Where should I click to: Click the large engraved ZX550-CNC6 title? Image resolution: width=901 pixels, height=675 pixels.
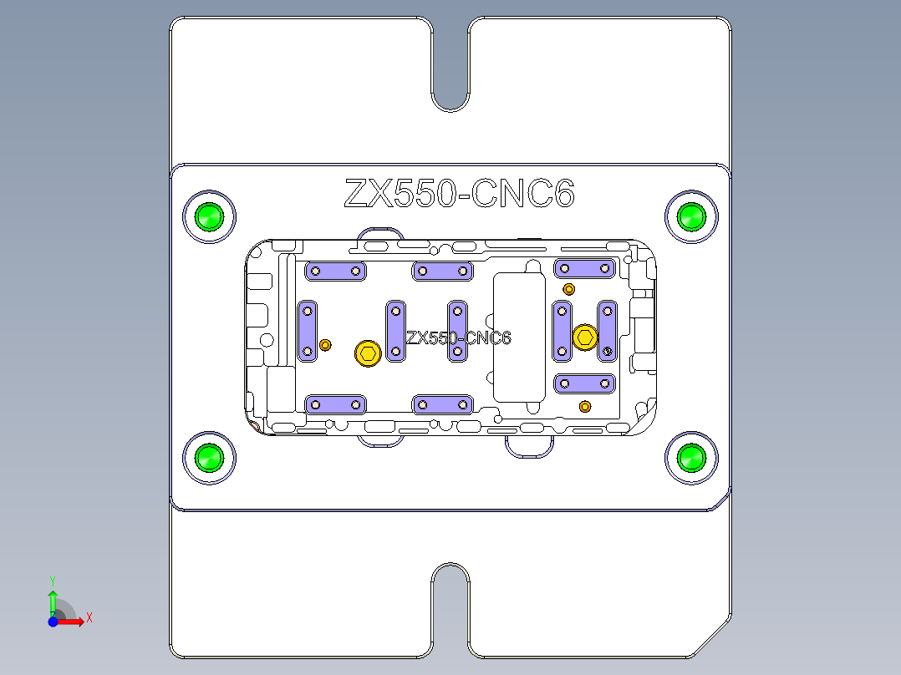(459, 194)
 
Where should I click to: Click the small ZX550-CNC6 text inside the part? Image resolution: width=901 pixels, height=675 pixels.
(458, 337)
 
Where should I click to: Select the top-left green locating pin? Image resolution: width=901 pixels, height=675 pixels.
(209, 217)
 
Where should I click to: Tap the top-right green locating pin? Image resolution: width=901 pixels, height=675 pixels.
(691, 217)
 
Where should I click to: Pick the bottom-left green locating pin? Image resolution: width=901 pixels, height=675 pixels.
(209, 458)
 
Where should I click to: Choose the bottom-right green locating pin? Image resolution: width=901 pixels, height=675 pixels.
(691, 458)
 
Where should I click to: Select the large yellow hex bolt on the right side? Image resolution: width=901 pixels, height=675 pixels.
(585, 337)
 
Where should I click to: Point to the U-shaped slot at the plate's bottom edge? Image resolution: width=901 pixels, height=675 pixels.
(450, 606)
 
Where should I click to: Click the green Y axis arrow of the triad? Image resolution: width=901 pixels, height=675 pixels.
(53, 599)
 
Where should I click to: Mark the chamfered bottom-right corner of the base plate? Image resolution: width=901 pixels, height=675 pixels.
(711, 638)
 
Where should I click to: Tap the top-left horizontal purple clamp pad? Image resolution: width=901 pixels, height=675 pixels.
(336, 271)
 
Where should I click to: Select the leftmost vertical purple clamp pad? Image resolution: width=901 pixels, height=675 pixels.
(308, 331)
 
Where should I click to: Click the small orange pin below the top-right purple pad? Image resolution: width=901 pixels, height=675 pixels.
(569, 289)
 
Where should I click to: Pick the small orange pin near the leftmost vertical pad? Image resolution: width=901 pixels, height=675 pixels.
(326, 344)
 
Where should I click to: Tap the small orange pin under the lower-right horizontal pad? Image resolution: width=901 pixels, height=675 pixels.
(585, 407)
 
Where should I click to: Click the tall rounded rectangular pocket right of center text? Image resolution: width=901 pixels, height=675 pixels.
(519, 336)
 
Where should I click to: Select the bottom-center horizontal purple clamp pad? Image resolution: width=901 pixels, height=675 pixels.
(443, 405)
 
